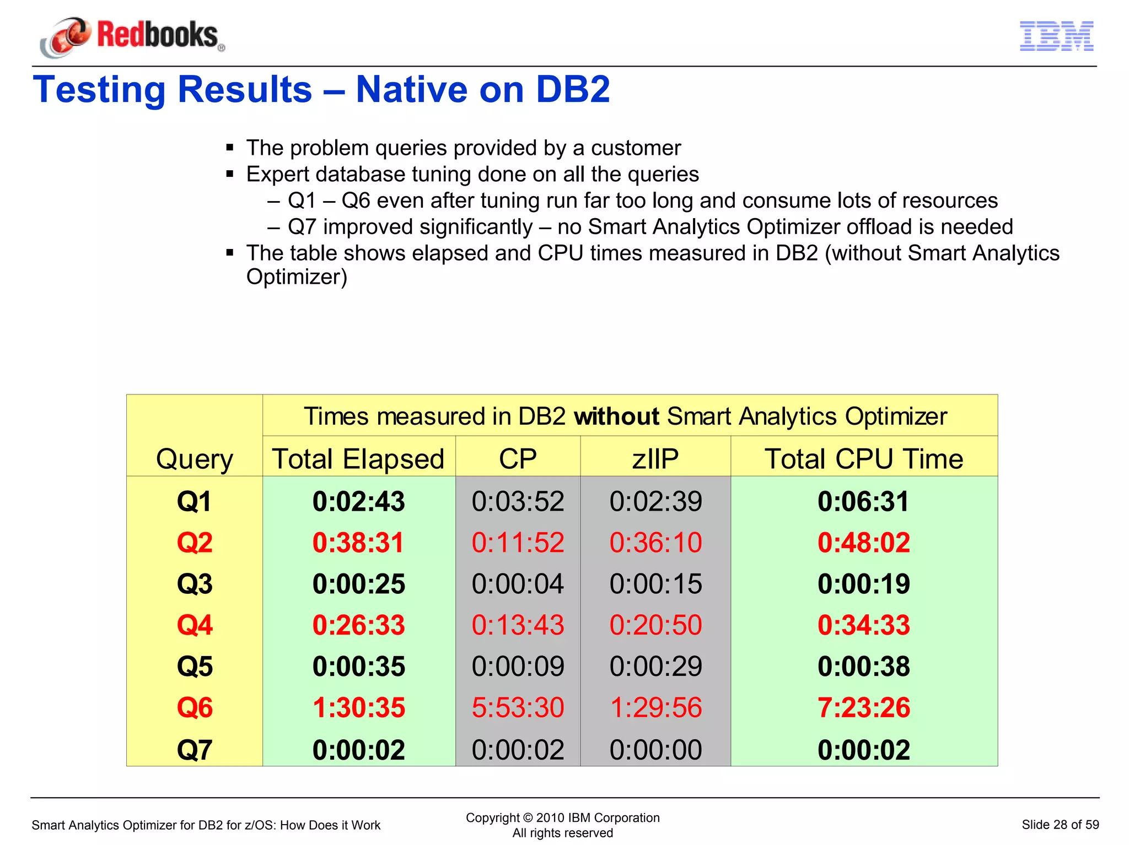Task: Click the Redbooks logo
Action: point(132,36)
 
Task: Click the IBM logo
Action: point(1056,36)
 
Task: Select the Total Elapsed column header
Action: point(358,459)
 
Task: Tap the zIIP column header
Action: point(655,459)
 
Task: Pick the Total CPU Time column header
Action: point(863,459)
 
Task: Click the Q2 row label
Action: point(195,543)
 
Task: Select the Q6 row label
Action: point(195,708)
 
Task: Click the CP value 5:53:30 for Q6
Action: point(518,708)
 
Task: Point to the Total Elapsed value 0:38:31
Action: point(358,543)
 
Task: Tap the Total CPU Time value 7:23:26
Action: point(863,708)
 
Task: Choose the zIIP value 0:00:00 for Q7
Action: point(655,750)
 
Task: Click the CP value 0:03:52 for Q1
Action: point(518,502)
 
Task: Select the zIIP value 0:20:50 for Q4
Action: point(655,625)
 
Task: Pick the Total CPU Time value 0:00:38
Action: point(863,667)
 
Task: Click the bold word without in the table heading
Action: point(616,416)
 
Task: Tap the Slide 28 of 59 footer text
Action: point(1060,825)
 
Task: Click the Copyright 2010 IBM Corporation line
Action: point(562,818)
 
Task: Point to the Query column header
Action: point(195,459)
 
